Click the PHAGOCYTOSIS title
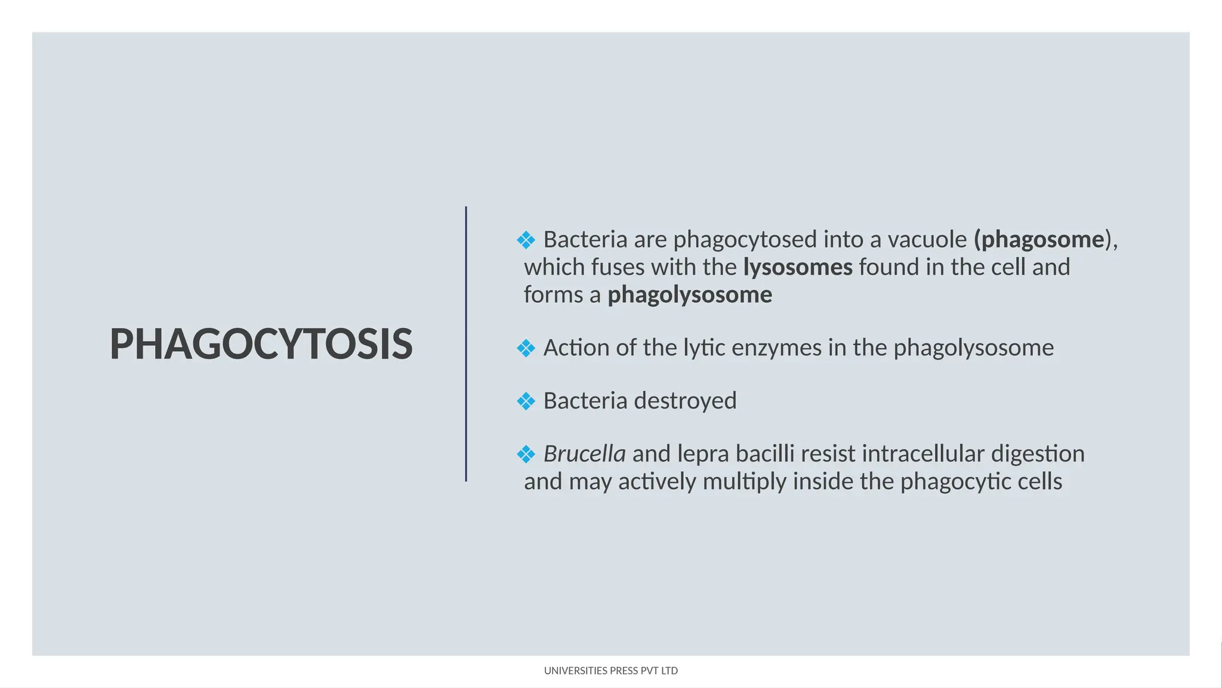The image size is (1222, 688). click(261, 345)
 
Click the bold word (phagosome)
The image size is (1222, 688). click(1039, 239)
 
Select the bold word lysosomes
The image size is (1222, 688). click(798, 267)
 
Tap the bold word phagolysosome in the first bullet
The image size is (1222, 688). click(690, 295)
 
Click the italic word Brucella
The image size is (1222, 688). click(584, 454)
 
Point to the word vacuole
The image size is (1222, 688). click(927, 239)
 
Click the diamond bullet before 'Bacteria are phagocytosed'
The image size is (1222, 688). click(526, 241)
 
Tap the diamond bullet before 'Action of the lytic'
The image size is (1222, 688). click(526, 348)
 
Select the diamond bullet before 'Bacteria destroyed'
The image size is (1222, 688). click(526, 401)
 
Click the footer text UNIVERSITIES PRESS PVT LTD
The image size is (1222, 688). click(610, 671)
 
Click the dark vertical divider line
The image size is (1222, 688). click(466, 344)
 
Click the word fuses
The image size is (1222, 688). click(617, 267)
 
